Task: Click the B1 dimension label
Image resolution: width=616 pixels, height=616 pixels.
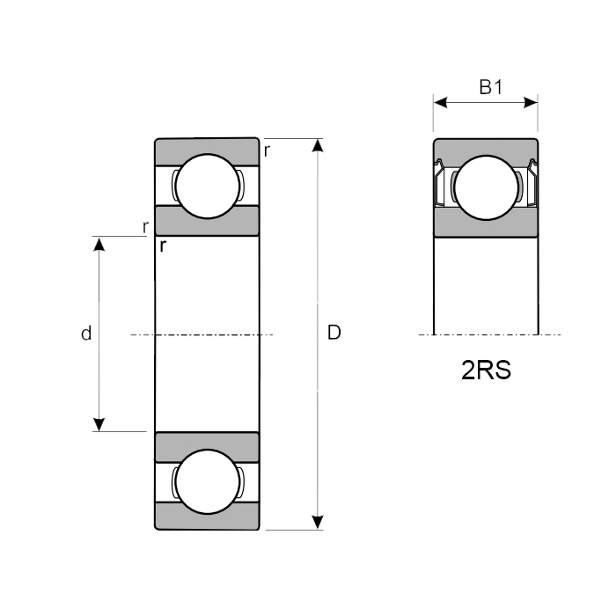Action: click(x=491, y=87)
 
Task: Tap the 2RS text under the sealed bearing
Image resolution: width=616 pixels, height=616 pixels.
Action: click(x=486, y=370)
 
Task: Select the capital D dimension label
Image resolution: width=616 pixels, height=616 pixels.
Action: click(x=334, y=333)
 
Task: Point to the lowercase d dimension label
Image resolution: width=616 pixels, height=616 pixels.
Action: click(x=86, y=334)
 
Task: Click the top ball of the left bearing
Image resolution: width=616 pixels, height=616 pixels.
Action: click(x=208, y=187)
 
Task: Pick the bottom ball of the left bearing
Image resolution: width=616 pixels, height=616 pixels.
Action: click(x=208, y=481)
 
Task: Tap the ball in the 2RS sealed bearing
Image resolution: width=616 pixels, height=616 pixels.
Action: click(x=486, y=187)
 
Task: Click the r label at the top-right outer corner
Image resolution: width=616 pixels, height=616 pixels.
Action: click(x=268, y=150)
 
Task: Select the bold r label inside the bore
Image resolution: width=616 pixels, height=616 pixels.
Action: click(x=163, y=246)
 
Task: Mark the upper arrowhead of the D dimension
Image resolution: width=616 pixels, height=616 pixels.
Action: click(x=318, y=145)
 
